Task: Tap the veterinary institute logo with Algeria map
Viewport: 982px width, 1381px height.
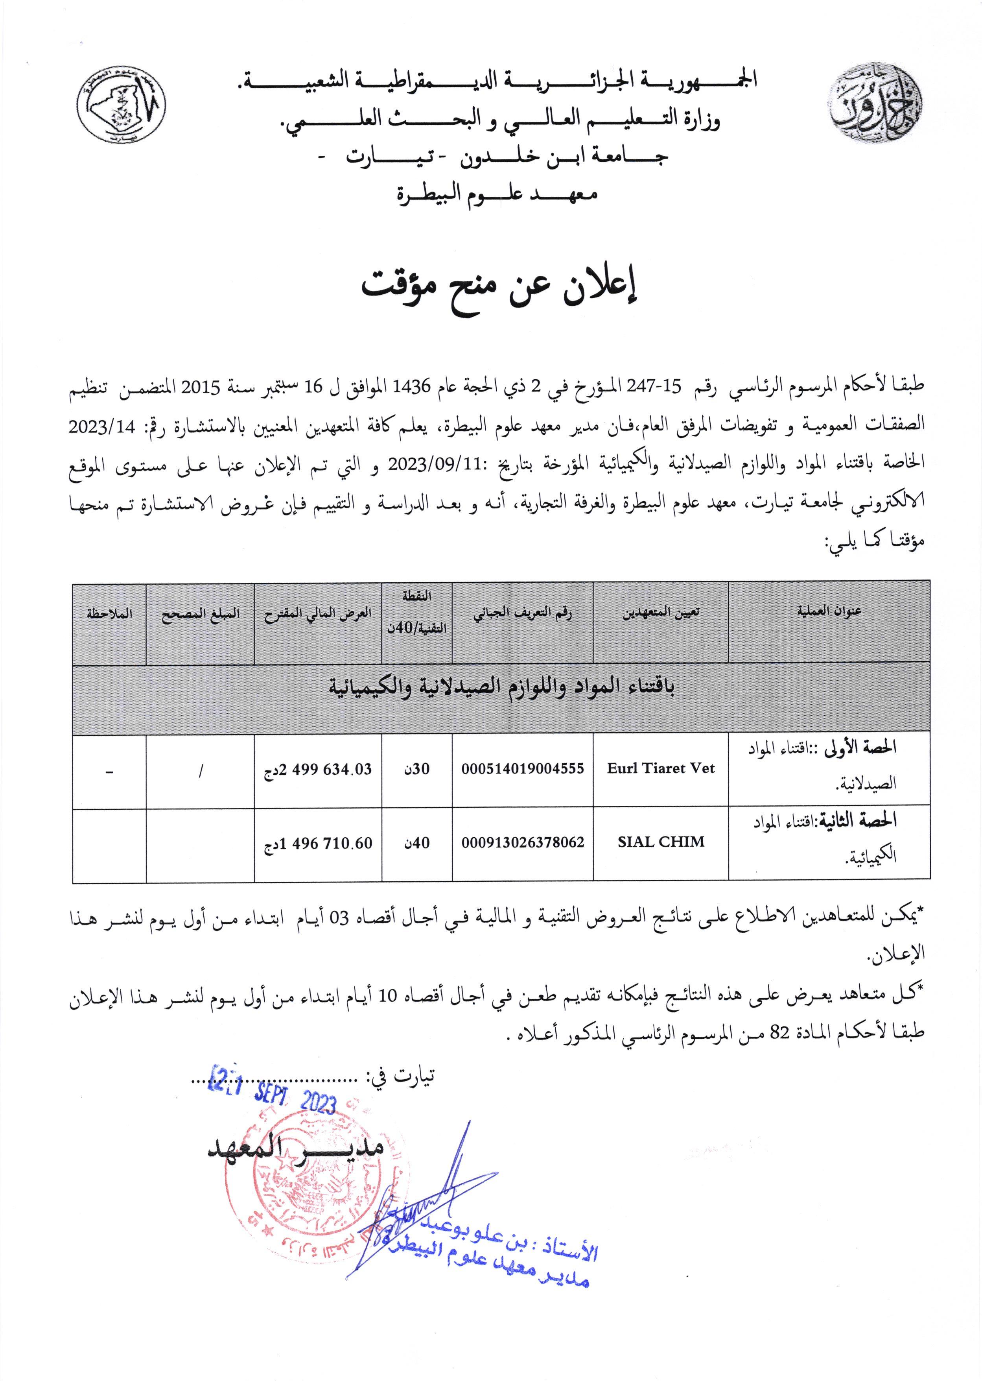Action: tap(118, 109)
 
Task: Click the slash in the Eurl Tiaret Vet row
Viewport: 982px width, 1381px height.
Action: tap(200, 770)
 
